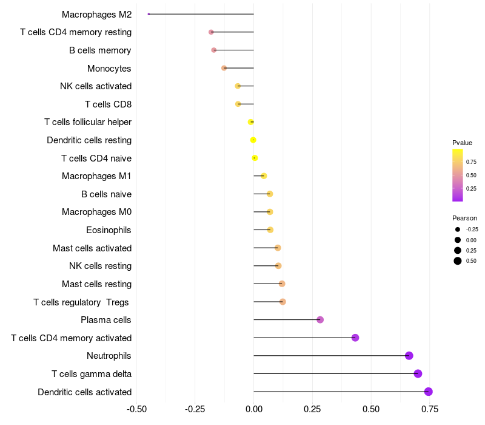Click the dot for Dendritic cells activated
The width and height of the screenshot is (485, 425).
tap(429, 392)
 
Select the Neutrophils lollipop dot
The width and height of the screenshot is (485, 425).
tap(409, 356)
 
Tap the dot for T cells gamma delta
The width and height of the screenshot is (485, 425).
tap(418, 373)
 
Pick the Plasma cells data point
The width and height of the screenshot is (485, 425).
tap(320, 320)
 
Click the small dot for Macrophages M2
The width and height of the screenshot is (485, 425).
tap(149, 14)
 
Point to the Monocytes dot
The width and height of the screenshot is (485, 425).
tap(224, 68)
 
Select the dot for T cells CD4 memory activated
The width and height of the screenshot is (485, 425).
tap(355, 338)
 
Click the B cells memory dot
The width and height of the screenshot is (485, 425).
tap(213, 50)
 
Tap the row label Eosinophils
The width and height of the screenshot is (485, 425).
tap(109, 230)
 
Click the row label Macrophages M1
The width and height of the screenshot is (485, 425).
tap(96, 176)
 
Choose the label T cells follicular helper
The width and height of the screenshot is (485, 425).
tap(88, 122)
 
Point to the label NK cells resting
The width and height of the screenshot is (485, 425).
tap(100, 266)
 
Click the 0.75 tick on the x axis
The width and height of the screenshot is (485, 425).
tap(429, 409)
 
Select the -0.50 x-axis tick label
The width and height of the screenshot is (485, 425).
tap(136, 409)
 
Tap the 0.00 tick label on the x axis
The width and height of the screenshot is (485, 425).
tap(253, 409)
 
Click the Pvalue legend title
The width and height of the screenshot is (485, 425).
tap(462, 143)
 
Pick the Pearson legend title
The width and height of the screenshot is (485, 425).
tap(464, 218)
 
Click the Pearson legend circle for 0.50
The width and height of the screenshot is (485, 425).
tap(458, 261)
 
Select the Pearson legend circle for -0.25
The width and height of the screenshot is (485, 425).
tap(458, 229)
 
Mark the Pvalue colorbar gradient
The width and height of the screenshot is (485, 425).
tap(458, 175)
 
